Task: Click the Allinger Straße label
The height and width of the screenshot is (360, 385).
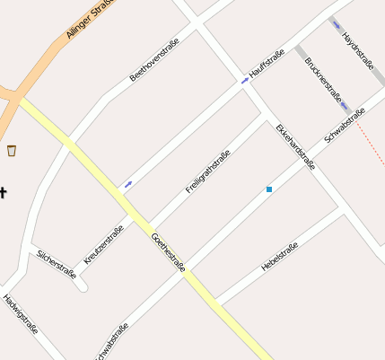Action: point(90,18)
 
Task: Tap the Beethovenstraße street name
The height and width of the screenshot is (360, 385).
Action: point(154,59)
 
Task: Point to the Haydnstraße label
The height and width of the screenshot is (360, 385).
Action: point(358,50)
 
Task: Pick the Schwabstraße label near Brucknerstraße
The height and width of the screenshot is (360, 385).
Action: point(346,124)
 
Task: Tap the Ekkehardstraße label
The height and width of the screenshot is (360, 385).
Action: point(295,147)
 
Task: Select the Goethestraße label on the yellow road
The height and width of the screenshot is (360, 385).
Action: point(169,251)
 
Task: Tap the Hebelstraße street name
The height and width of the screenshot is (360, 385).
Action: point(279,257)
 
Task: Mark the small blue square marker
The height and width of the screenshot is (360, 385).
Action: point(269,189)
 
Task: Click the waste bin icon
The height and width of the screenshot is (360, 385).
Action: point(12,150)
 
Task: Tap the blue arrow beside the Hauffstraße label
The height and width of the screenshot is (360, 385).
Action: point(244,82)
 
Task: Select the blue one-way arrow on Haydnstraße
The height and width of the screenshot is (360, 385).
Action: point(337,23)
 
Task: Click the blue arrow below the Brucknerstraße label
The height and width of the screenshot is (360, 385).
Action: point(346,106)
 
